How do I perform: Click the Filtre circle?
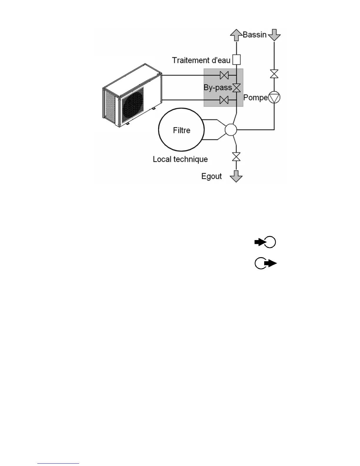coord(181,130)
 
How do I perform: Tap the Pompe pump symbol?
coord(274,98)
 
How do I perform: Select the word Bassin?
coord(254,35)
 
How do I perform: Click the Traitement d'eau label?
coord(201,60)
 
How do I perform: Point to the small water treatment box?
coord(236,60)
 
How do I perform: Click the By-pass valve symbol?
coord(236,88)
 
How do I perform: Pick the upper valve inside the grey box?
coord(224,76)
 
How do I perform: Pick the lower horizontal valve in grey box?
coord(224,100)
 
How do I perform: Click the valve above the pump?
coord(274,74)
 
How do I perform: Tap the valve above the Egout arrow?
coord(236,157)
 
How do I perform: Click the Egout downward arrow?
coord(236,176)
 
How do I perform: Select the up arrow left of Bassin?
coord(236,35)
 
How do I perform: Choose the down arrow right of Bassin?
coord(274,35)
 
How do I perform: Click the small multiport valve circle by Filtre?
coord(231,129)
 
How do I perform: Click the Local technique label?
coord(180,159)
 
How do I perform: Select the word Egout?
coord(211,176)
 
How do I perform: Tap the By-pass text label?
coord(218,88)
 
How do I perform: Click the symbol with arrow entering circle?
coord(265,242)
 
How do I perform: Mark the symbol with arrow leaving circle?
coord(266,264)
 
